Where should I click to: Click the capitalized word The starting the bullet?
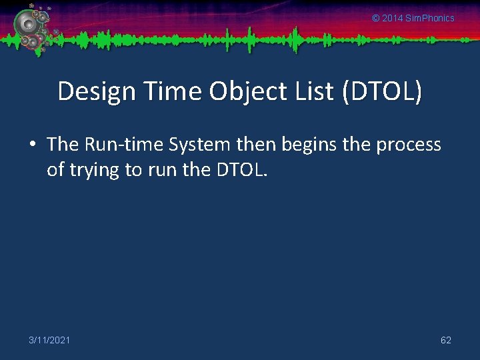click(63, 145)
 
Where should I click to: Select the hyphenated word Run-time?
click(124, 145)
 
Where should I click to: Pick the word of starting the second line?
click(55, 170)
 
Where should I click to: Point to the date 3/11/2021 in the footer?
click(49, 341)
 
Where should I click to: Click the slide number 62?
click(446, 341)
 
